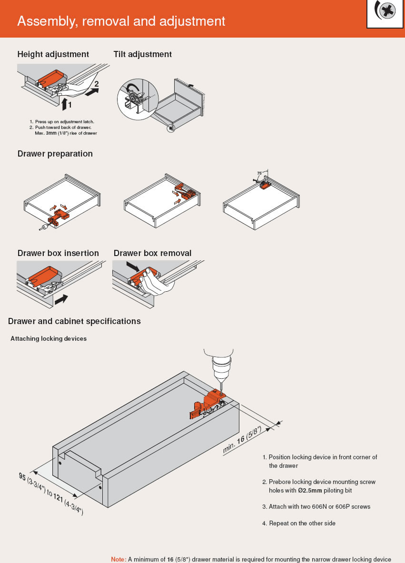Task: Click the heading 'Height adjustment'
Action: [53, 54]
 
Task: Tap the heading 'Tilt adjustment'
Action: [143, 54]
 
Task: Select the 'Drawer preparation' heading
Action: [55, 154]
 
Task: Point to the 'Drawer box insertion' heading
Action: [58, 253]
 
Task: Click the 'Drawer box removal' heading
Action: [152, 253]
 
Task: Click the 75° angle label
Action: [259, 173]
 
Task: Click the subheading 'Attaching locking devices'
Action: [49, 338]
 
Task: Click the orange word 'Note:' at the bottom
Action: [119, 559]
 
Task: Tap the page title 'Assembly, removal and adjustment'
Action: [121, 21]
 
